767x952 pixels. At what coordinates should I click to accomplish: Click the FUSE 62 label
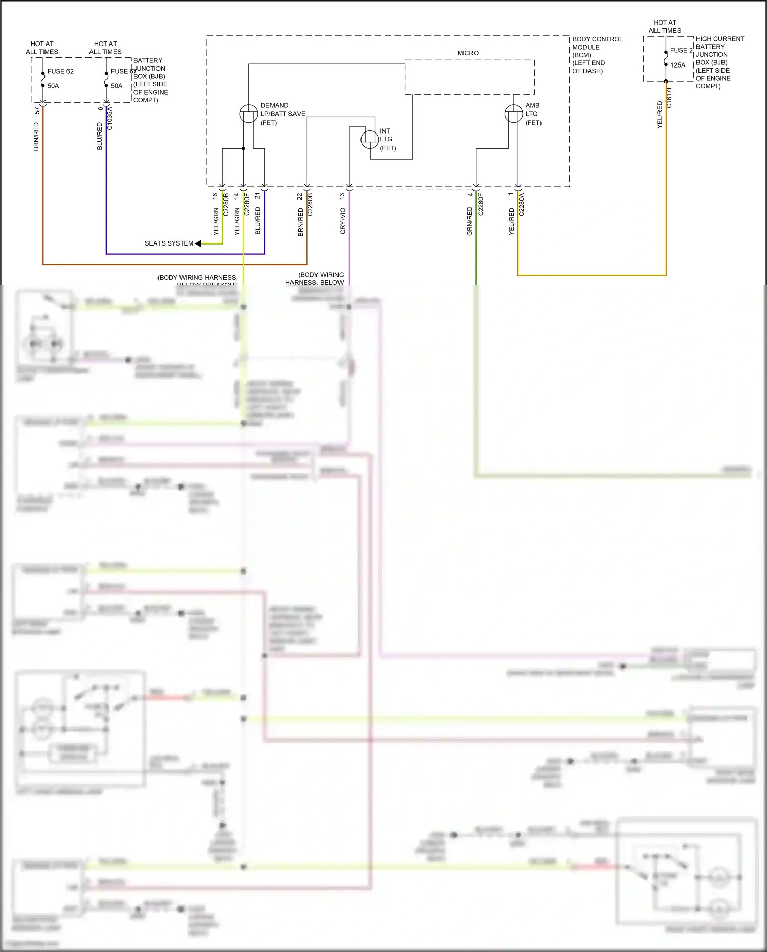pos(60,71)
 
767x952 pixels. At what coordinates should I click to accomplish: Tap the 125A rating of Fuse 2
pos(678,65)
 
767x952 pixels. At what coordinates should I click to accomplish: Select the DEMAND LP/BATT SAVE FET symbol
pos(249,114)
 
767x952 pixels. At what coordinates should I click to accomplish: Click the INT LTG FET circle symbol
pos(370,139)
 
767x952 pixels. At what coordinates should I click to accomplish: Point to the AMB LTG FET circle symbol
pos(513,114)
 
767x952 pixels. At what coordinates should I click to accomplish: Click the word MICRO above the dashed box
pos(468,53)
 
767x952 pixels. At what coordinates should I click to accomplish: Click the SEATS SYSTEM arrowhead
pos(198,243)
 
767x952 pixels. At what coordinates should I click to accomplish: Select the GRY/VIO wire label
pos(343,221)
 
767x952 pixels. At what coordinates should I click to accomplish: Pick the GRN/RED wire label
pos(469,221)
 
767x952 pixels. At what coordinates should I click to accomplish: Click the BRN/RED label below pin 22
pos(301,222)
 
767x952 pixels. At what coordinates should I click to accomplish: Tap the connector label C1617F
pos(669,97)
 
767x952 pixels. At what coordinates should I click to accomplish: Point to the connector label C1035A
pos(110,118)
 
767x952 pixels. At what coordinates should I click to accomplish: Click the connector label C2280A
pos(522,205)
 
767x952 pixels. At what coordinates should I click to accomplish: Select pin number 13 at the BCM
pos(342,196)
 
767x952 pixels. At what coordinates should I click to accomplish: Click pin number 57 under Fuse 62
pos(37,110)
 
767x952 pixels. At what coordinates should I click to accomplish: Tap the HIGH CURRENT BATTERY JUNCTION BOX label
pos(719,62)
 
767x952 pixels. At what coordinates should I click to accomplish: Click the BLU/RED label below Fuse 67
pos(100,136)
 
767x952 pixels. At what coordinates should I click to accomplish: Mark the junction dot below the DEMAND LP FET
pos(243,148)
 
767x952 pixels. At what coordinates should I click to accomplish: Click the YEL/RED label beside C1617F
pos(660,115)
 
